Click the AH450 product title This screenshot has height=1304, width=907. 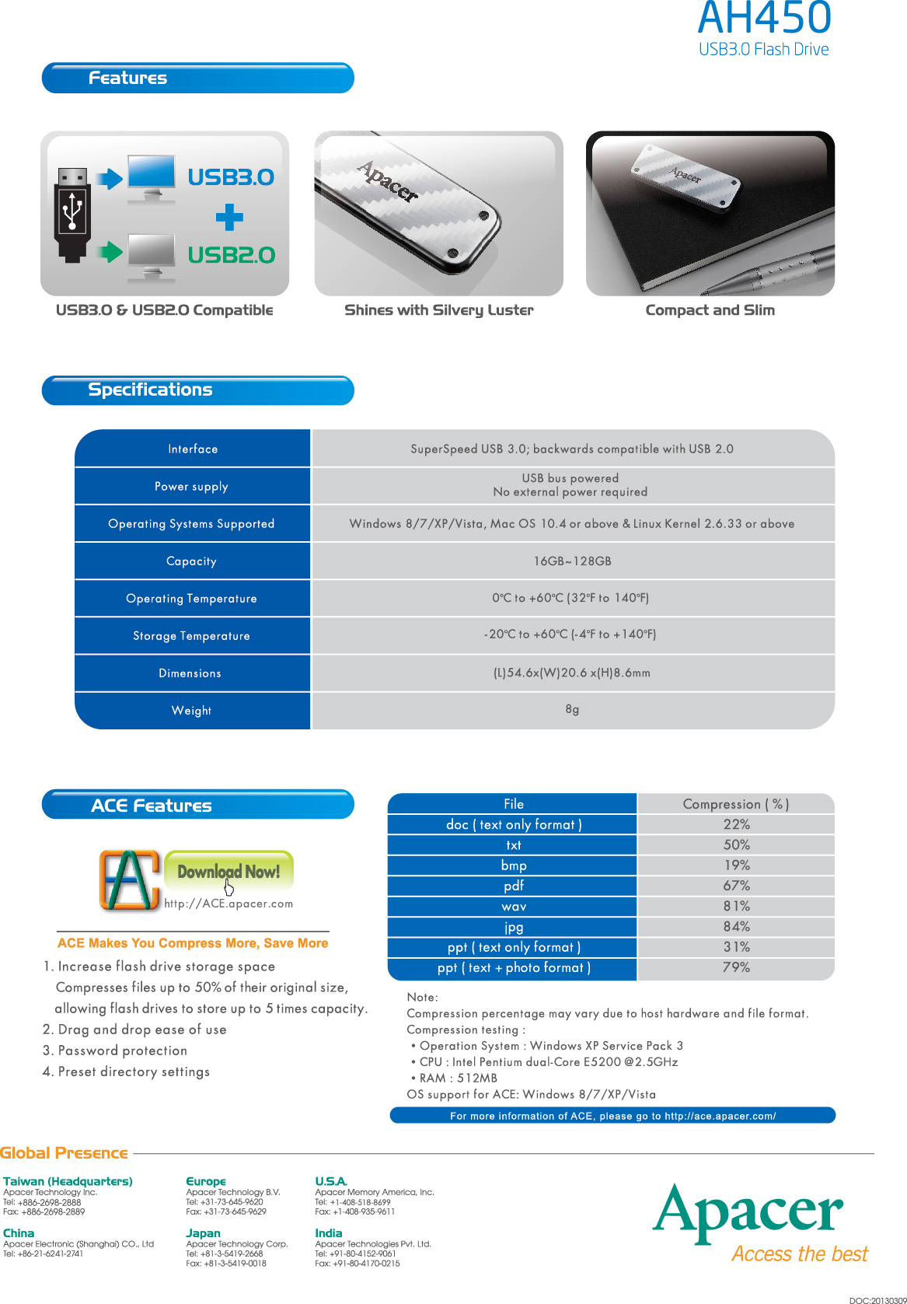tap(765, 19)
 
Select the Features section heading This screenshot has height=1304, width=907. tap(127, 78)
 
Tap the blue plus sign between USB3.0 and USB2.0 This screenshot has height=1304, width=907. tap(229, 217)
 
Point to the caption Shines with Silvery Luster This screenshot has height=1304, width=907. tap(438, 310)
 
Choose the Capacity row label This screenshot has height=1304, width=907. tap(192, 561)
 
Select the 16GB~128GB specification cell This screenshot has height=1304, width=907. tap(572, 561)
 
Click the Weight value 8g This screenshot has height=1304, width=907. tap(572, 709)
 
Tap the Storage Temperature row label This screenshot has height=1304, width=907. tap(192, 636)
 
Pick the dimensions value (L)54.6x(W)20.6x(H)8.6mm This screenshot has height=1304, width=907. tap(572, 673)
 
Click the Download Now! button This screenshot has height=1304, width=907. tap(228, 871)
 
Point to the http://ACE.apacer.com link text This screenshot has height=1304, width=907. tap(228, 904)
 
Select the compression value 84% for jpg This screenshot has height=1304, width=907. tap(736, 927)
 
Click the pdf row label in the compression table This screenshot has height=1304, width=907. tap(513, 886)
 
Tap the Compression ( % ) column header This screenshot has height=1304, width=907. tap(735, 804)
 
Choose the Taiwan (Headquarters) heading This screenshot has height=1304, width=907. tap(68, 1181)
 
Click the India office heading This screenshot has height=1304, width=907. tap(328, 1233)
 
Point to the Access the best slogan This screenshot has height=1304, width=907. tap(799, 1254)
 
